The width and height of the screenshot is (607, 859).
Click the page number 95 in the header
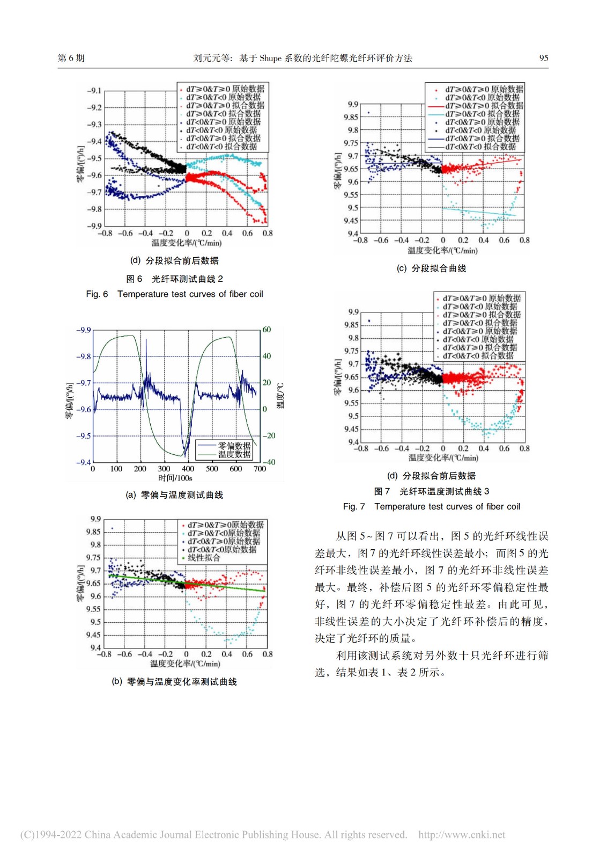(543, 58)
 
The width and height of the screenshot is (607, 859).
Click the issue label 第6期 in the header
(71, 58)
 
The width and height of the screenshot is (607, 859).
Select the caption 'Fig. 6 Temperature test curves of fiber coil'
(174, 294)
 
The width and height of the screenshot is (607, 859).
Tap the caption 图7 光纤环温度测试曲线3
(431, 491)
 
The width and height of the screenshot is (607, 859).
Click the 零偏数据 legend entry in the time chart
(234, 446)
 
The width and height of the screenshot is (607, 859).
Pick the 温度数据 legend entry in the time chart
(234, 454)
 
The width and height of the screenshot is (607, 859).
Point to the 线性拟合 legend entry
(204, 558)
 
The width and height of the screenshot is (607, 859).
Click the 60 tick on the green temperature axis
(267, 330)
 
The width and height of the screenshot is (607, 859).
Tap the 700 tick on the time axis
(260, 469)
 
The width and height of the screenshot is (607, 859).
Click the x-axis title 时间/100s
(175, 478)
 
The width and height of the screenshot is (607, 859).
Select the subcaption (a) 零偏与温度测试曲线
(174, 495)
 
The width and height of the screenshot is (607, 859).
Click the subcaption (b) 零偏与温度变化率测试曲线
(174, 682)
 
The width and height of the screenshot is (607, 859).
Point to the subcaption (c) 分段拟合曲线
(431, 268)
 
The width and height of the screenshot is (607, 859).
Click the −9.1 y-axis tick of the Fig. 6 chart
(94, 91)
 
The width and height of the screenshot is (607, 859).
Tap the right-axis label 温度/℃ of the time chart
(280, 396)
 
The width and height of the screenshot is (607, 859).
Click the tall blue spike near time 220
(144, 344)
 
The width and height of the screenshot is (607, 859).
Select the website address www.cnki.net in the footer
(462, 835)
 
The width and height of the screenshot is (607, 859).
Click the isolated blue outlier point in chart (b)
(112, 528)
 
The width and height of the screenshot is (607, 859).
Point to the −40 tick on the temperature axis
(269, 462)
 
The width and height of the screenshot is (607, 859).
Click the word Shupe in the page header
(270, 58)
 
